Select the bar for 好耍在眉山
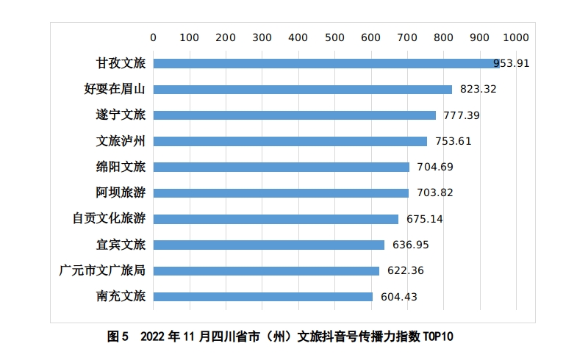(302, 90)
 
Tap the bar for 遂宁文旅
(294, 115)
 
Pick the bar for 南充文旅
(262, 297)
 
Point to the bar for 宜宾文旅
(268, 245)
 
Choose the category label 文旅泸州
(121, 141)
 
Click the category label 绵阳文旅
(121, 167)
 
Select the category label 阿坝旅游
(121, 193)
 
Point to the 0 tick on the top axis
(153, 37)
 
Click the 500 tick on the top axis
(334, 37)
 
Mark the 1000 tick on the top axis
(514, 37)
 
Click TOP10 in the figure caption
(439, 337)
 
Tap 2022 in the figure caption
(153, 337)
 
